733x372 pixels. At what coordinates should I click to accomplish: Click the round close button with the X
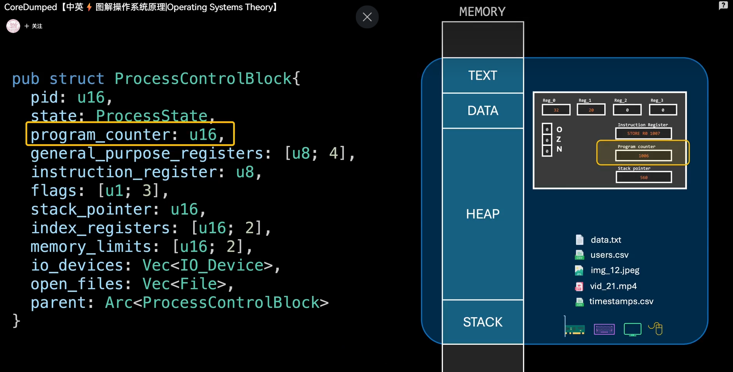click(x=367, y=17)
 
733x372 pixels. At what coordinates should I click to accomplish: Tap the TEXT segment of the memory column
click(x=483, y=75)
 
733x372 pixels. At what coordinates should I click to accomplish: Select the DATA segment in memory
click(x=483, y=111)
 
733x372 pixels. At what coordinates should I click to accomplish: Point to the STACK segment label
click(x=483, y=322)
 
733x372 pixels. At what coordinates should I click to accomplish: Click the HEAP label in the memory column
click(x=483, y=214)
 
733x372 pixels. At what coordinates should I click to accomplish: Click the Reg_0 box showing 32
click(x=556, y=110)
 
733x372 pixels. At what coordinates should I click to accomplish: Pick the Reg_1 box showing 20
click(x=591, y=110)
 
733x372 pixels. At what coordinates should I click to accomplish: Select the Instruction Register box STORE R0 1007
click(x=644, y=133)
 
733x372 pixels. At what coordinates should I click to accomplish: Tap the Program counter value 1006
click(x=644, y=155)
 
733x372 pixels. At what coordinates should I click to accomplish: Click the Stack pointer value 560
click(x=644, y=177)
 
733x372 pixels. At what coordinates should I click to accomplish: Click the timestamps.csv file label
click(x=621, y=301)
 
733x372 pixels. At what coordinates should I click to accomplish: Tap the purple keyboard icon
click(x=604, y=329)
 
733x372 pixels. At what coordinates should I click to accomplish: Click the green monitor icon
click(x=632, y=329)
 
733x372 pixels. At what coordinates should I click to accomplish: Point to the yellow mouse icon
click(x=656, y=328)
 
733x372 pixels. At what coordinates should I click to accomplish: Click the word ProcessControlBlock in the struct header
click(x=203, y=79)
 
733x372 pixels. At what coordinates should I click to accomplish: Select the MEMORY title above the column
click(x=482, y=12)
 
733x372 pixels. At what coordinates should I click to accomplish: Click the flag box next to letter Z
click(x=547, y=140)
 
